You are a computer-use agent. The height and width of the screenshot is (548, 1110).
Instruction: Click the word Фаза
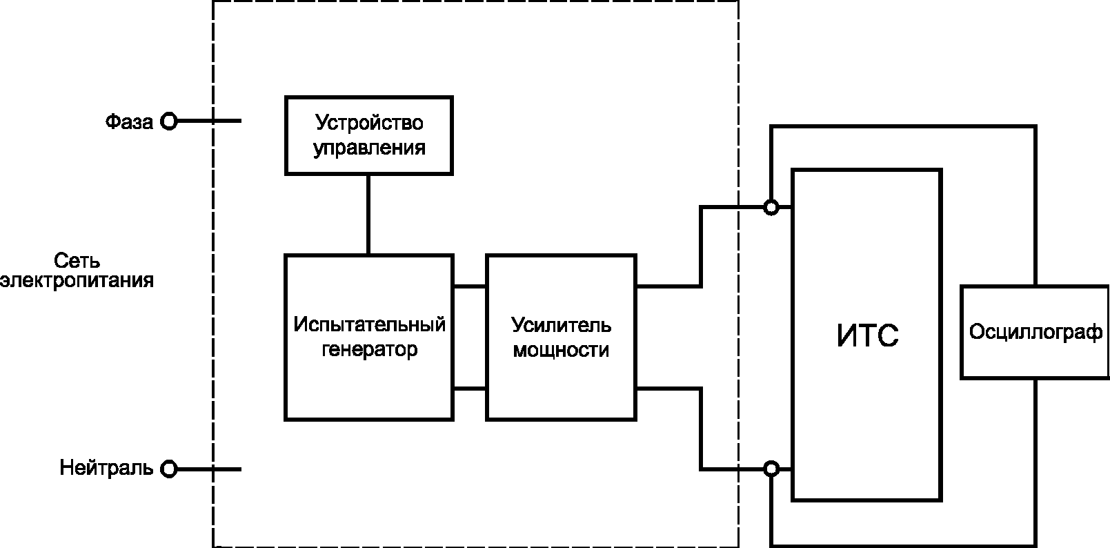coord(129,122)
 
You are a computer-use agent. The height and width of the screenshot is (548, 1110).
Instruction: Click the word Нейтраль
coord(106,468)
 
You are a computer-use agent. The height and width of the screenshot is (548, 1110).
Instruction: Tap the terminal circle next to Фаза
coord(169,121)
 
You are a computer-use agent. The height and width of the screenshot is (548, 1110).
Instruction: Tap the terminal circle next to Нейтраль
coord(169,469)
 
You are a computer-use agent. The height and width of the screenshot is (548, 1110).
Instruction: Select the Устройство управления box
coord(369,135)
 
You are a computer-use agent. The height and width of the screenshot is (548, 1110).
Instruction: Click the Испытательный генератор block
coord(369,337)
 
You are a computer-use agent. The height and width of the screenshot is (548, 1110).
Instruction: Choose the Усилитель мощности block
coord(561,337)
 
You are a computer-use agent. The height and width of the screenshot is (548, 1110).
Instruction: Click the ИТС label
coord(867,335)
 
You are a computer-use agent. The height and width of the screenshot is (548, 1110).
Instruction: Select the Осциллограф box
coord(1035,333)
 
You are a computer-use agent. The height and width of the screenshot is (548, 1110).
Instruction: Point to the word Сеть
coord(77,261)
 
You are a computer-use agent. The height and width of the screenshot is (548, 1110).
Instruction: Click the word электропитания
coord(77,282)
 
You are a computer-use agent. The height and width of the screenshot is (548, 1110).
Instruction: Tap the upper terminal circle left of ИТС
coord(771,207)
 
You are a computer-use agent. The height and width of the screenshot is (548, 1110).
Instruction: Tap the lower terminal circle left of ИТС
coord(771,469)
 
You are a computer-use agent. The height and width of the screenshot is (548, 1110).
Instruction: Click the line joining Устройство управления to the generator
coord(368,214)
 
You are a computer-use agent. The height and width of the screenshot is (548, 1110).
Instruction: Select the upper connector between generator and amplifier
coord(470,286)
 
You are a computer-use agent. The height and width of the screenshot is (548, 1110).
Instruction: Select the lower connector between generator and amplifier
coord(470,389)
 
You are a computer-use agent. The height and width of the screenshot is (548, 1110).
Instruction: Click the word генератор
coord(370,349)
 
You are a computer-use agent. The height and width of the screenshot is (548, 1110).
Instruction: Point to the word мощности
coord(561,350)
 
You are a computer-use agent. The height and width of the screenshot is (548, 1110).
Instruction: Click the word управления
coord(369,148)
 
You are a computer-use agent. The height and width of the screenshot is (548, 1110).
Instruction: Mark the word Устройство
coord(369,123)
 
